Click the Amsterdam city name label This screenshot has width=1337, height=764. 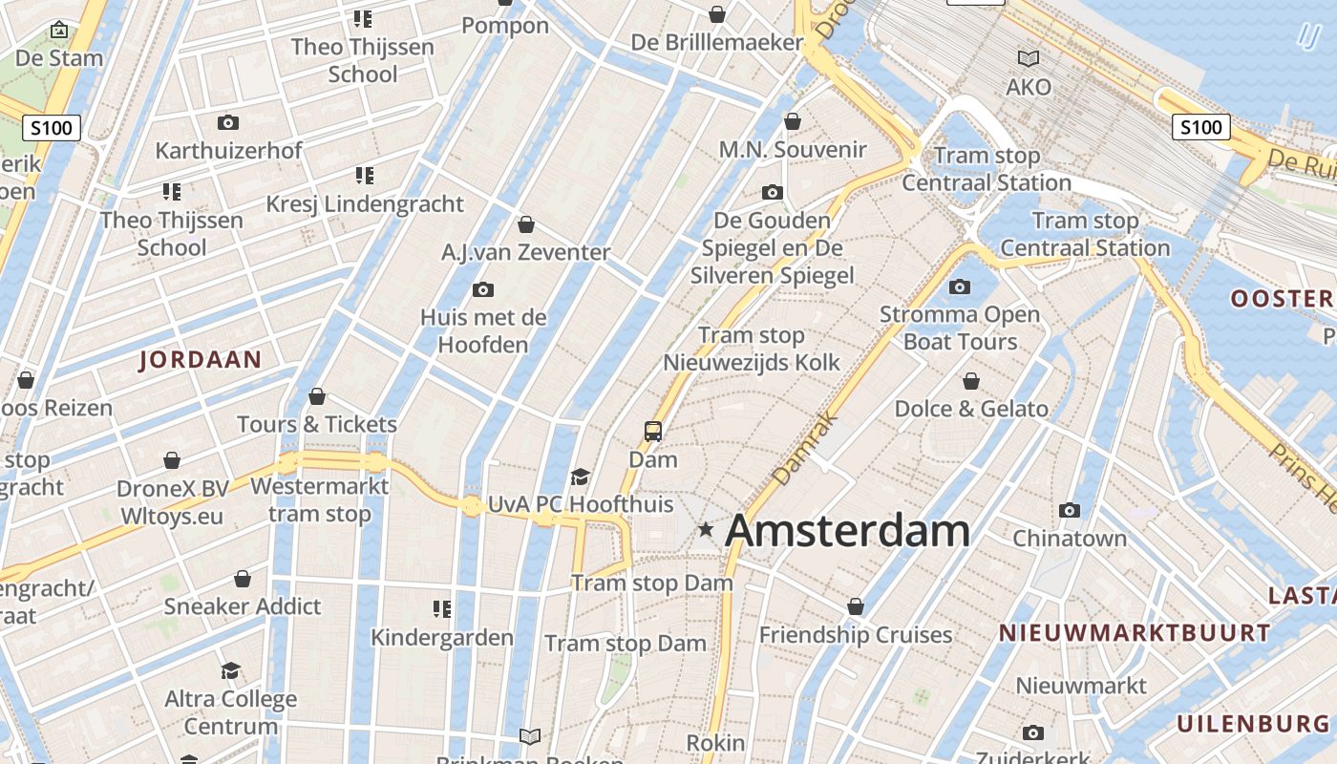coord(847,531)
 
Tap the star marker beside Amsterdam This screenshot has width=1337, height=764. coord(706,529)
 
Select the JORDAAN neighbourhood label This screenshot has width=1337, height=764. coord(201,360)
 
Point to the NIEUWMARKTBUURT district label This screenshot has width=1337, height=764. coord(1135,632)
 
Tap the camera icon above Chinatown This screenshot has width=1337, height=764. coord(1070,511)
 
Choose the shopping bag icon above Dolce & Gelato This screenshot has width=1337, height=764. coord(971,382)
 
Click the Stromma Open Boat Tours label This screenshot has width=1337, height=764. coord(960,328)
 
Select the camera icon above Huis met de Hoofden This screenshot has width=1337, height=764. coord(483,290)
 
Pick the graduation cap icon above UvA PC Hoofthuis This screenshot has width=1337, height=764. coord(580,477)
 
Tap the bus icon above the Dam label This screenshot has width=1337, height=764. coord(653,432)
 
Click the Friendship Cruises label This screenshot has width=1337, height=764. coord(856,635)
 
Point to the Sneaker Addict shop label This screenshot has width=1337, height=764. coord(243,606)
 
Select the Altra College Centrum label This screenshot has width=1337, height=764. coord(231,712)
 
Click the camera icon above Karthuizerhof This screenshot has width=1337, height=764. coord(227,123)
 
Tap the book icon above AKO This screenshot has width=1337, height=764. coord(1029,59)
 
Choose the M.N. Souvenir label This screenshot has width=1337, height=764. coord(793,150)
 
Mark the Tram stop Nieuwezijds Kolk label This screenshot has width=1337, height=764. coord(752,349)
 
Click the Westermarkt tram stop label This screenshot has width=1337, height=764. coord(319,499)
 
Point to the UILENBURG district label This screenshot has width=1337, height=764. coord(1253,723)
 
